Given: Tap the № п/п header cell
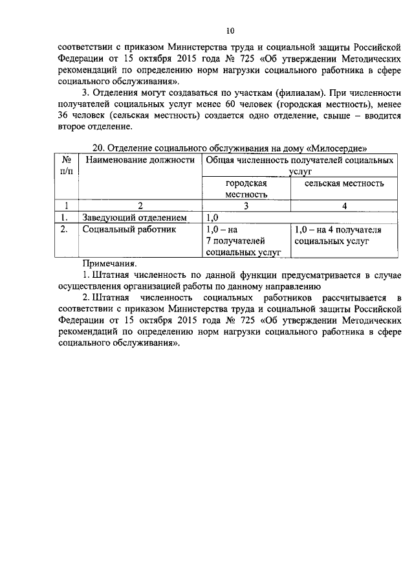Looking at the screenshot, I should (x=65, y=165).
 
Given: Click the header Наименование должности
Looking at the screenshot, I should (x=140, y=160).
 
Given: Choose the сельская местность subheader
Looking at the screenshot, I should (x=344, y=183).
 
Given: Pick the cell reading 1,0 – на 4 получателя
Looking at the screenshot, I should (x=338, y=235).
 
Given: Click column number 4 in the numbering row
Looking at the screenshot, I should (x=344, y=206).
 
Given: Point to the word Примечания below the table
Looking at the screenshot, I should (x=109, y=264).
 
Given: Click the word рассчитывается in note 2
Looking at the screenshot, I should (x=346, y=297).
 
